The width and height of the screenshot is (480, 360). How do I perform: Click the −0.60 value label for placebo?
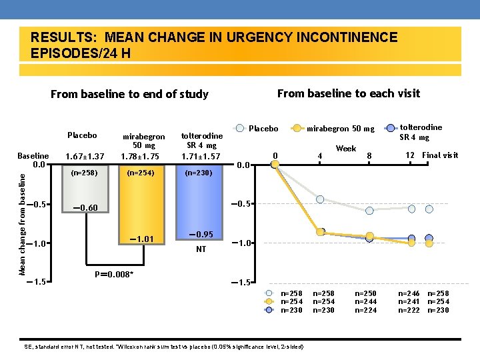click(84, 208)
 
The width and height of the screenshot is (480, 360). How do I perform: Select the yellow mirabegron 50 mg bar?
click(144, 200)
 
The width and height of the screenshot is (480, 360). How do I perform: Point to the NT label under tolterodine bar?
click(201, 250)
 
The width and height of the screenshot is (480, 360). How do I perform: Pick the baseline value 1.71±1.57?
click(201, 156)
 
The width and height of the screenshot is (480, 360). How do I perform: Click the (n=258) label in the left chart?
click(84, 173)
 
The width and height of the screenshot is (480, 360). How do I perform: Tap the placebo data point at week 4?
click(320, 200)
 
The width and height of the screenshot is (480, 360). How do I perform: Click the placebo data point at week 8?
click(369, 211)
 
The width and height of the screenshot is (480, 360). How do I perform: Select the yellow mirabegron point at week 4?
click(320, 232)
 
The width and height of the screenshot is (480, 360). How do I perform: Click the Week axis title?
click(345, 149)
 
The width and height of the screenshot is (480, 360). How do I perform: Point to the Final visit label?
click(441, 155)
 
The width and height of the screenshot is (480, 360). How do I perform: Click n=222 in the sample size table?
click(409, 309)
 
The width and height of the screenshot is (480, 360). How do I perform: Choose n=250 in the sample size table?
click(365, 293)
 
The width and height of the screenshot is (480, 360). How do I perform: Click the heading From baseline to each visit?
click(348, 93)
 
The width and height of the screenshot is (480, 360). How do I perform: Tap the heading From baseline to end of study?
click(129, 94)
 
